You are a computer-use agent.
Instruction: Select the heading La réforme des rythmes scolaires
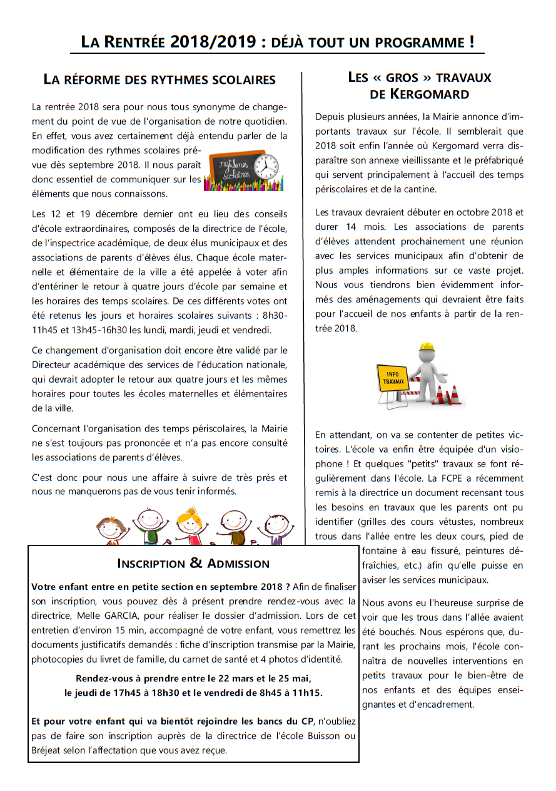pyautogui.click(x=159, y=80)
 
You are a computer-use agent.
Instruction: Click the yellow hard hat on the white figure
pyautogui.click(x=427, y=348)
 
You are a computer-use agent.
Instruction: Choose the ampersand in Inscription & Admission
pyautogui.click(x=196, y=563)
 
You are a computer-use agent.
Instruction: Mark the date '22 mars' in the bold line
pyautogui.click(x=235, y=678)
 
